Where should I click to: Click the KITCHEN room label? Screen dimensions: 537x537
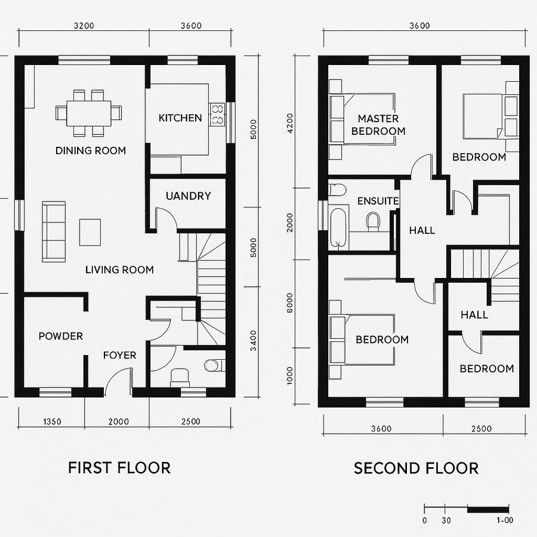click(x=180, y=118)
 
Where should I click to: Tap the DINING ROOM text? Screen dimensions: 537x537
click(x=91, y=150)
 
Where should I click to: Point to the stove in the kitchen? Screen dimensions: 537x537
click(x=217, y=115)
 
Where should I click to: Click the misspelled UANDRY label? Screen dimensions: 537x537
click(x=188, y=196)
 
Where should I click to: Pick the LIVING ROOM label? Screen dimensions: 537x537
click(x=119, y=270)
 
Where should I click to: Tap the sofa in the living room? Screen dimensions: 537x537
click(x=54, y=232)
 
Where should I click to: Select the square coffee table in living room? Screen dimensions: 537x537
click(x=91, y=232)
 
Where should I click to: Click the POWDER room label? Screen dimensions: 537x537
click(x=60, y=336)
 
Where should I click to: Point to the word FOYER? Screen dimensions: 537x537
click(x=119, y=355)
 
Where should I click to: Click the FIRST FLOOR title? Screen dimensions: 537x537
click(x=119, y=467)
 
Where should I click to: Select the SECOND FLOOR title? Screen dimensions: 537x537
click(x=416, y=468)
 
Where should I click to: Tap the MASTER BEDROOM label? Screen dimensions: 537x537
click(x=378, y=125)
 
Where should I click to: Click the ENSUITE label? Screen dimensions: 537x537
click(x=378, y=201)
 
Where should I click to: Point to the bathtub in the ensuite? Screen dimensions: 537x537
click(x=338, y=227)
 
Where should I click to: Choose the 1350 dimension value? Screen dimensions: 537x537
click(x=52, y=422)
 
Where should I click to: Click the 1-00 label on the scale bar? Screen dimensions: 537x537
click(x=504, y=520)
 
